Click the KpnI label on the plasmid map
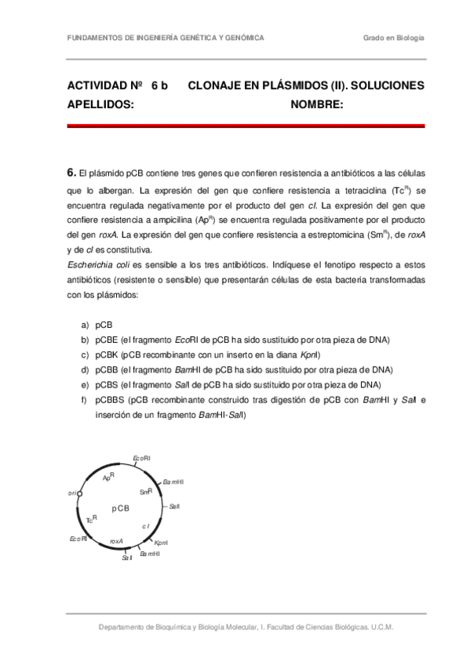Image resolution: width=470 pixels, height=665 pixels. point(161,543)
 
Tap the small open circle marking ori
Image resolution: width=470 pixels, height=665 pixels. point(80,494)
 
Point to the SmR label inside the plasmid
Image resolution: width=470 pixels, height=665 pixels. point(145,492)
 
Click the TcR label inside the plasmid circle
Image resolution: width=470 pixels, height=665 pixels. point(92,519)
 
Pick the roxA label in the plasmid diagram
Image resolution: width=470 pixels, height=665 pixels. point(116,541)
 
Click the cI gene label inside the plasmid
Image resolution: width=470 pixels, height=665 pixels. point(146,526)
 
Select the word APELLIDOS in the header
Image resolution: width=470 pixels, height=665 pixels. point(100,104)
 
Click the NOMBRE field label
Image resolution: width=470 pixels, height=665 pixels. point(316,104)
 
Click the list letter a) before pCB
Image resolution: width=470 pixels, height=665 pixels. point(84,325)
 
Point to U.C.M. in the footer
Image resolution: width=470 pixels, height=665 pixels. point(382,627)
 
